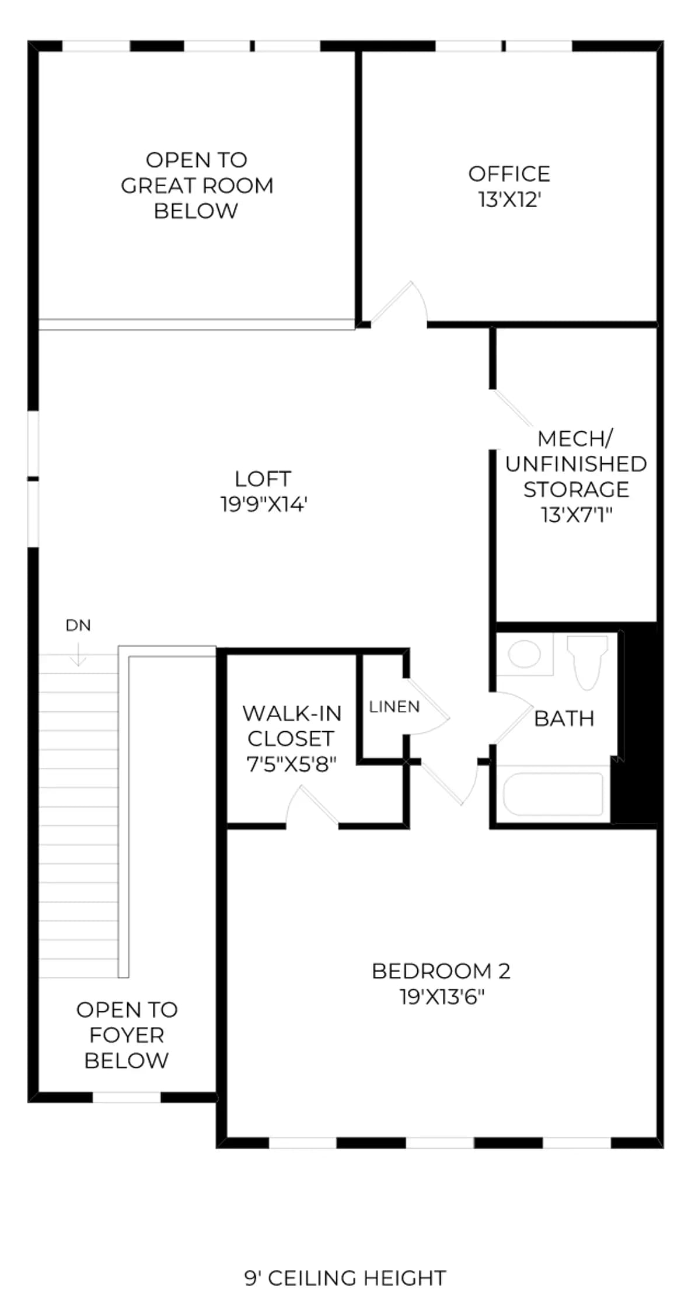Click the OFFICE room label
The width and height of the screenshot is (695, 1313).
tap(509, 174)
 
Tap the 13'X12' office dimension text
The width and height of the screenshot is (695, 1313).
tap(509, 200)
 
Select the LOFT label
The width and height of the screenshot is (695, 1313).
tap(263, 479)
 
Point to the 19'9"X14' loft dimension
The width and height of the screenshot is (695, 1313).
tap(264, 504)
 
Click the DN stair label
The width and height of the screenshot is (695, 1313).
tap(78, 626)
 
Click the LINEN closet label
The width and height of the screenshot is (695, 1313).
tap(394, 707)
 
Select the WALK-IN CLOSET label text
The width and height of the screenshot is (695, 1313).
tap(291, 726)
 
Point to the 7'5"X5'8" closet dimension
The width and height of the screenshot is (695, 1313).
tap(292, 764)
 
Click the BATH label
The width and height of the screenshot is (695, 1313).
tap(564, 718)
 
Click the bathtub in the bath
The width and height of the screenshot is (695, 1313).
tap(553, 794)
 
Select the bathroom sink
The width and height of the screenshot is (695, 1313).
tap(524, 654)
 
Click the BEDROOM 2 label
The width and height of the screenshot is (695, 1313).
tap(441, 971)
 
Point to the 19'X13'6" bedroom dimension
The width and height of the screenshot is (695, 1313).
tap(442, 997)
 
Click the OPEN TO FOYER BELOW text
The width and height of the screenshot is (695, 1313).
tap(127, 1035)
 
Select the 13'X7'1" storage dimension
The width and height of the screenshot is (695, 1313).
tap(577, 515)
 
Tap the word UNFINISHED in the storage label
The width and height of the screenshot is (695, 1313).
tap(576, 464)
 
